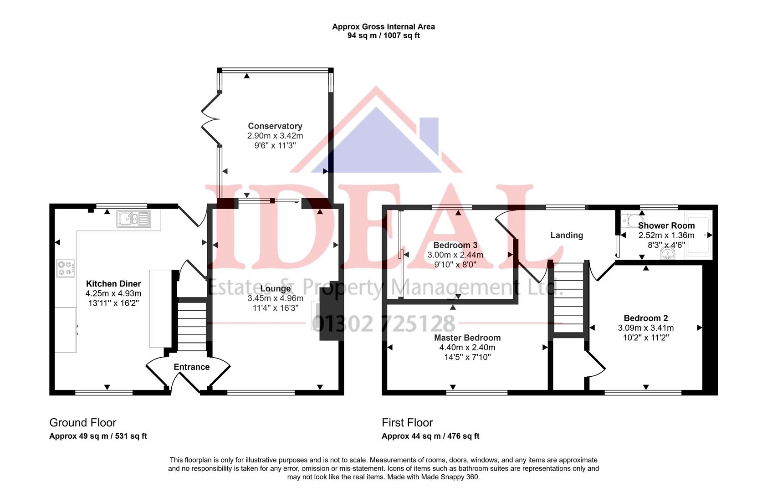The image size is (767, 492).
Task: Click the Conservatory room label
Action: tap(275, 126)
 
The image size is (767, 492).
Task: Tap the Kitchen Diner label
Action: tap(113, 284)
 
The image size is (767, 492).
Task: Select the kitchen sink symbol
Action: tap(133, 219)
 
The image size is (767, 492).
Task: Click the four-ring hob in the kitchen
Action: tap(66, 268)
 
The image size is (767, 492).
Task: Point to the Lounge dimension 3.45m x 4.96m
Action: tap(275, 298)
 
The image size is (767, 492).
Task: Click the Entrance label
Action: tap(191, 367)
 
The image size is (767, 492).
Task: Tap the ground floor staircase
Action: tap(191, 323)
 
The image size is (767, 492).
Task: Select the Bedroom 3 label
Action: tap(455, 246)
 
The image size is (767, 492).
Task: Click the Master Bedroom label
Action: tap(467, 338)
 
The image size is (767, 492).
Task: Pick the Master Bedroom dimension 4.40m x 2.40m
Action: tap(467, 348)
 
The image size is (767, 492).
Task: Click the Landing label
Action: tap(566, 236)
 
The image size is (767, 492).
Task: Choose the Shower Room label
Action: tap(666, 225)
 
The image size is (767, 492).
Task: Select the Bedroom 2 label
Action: tap(645, 318)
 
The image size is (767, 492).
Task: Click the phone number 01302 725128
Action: tap(383, 323)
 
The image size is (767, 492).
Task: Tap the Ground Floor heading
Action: tap(82, 423)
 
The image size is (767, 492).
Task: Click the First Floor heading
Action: tap(407, 423)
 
